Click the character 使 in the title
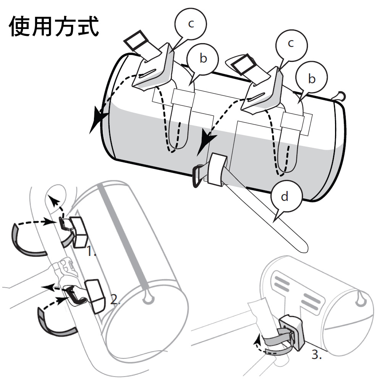20,26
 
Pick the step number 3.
316,355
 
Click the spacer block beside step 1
80,231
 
